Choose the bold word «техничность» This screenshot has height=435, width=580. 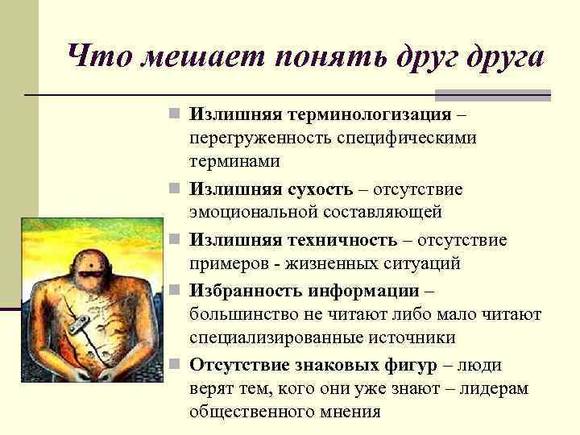(348, 239)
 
